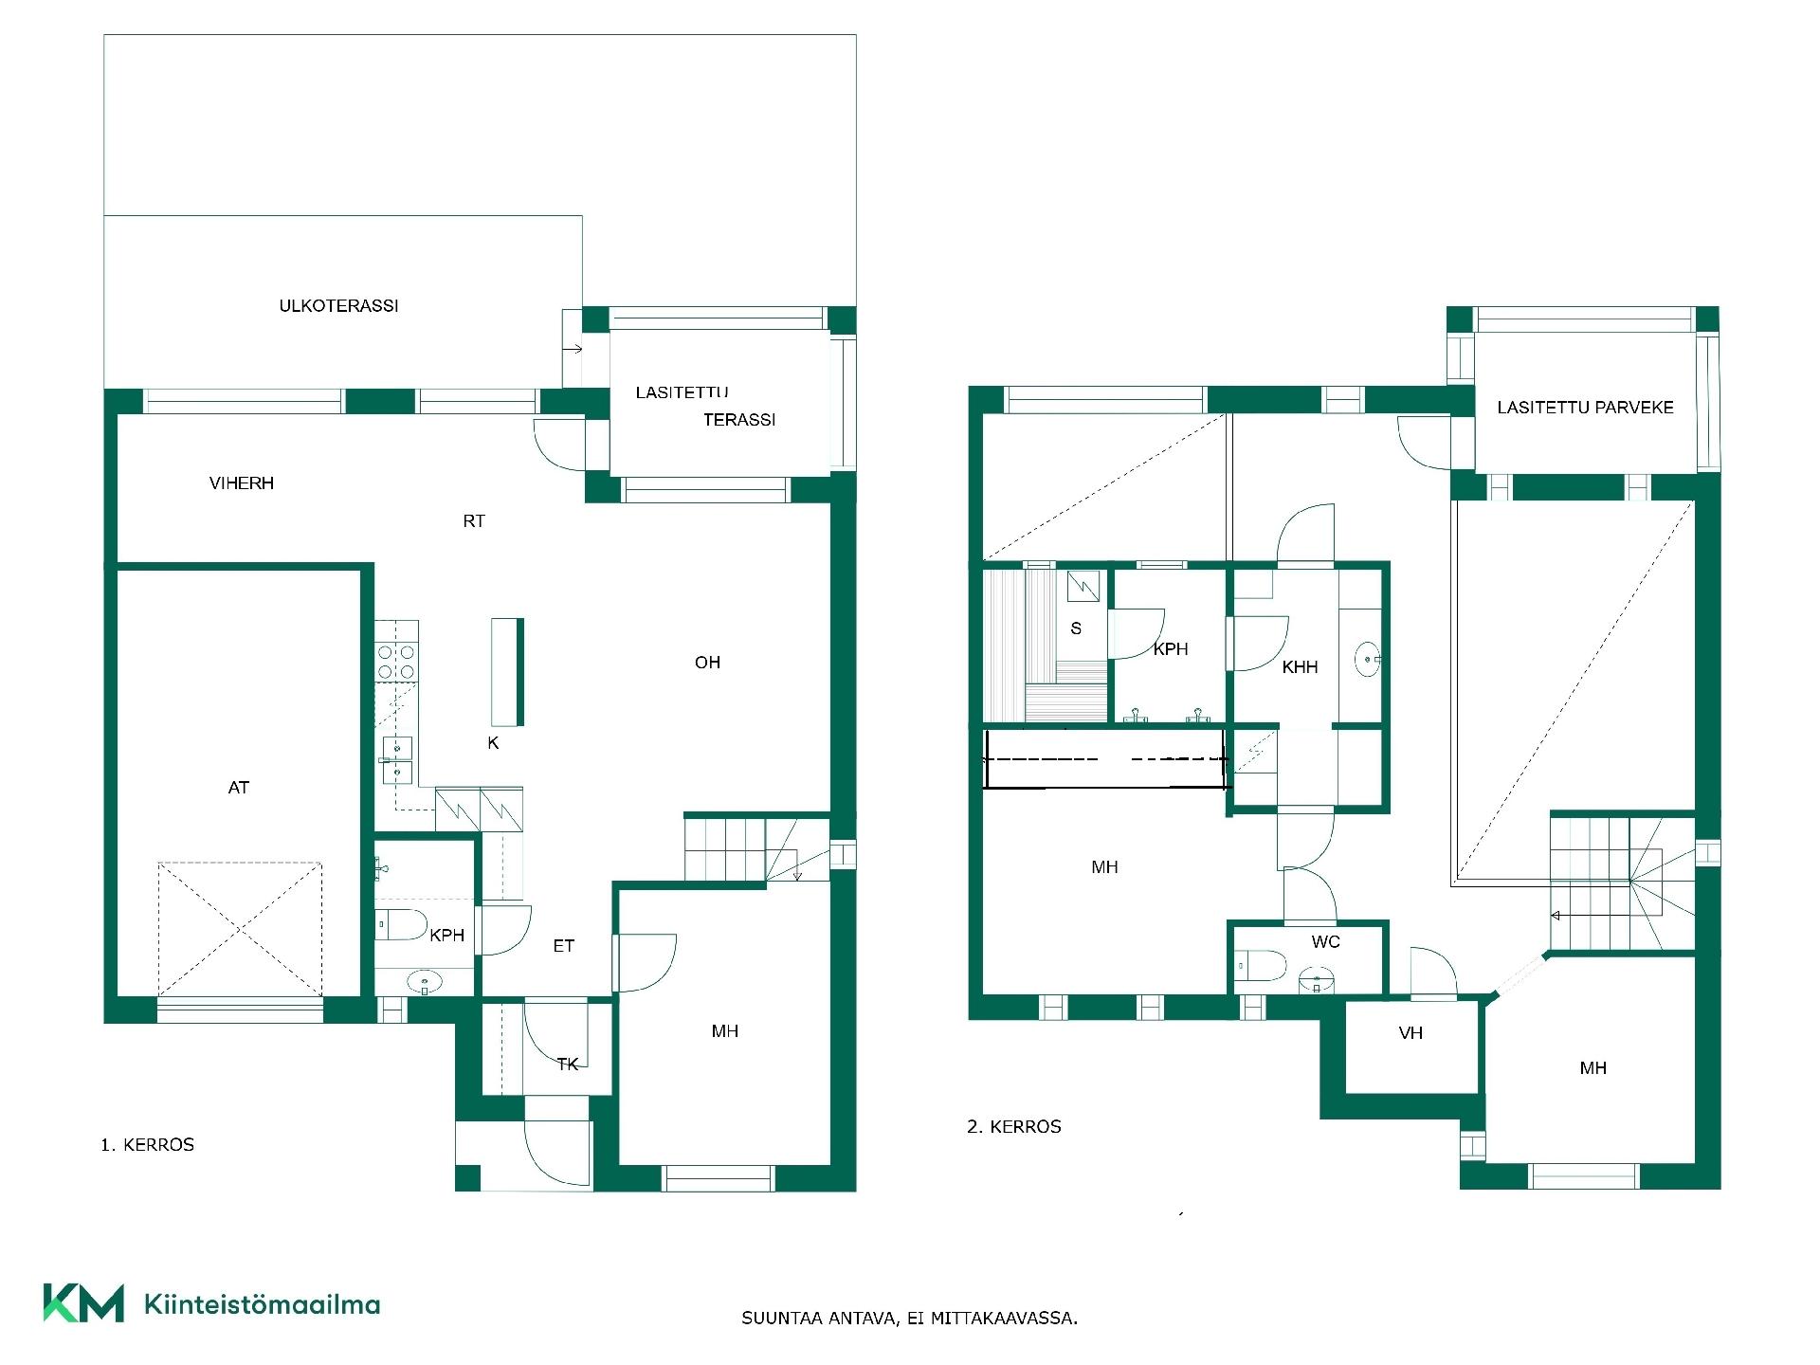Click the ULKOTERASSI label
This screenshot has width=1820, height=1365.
[x=338, y=306]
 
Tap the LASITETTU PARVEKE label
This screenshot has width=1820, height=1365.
[x=1585, y=408]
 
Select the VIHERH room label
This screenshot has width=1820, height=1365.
[x=242, y=483]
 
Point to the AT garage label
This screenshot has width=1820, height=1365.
[x=239, y=788]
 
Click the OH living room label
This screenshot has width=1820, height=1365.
[x=707, y=663]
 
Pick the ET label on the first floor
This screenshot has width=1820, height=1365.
[x=564, y=946]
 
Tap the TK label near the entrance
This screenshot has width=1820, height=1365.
[x=568, y=1065]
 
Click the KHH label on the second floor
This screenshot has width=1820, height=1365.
[x=1300, y=667]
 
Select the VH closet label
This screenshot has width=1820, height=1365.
[x=1410, y=1033]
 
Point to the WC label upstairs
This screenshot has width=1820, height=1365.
[x=1326, y=942]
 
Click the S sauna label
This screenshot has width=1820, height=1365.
[x=1076, y=628]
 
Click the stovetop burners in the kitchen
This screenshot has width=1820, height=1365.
[x=397, y=662]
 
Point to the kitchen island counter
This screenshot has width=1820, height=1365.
[x=507, y=672]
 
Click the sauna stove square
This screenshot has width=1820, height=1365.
[x=1083, y=586]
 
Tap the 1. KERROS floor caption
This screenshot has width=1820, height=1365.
[x=148, y=1145]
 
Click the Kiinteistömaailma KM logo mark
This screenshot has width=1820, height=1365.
[x=83, y=1302]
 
